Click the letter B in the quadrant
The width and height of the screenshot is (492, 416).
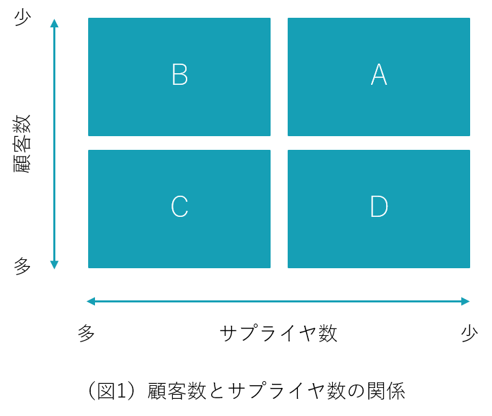(180, 75)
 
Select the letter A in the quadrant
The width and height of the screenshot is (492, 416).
(379, 75)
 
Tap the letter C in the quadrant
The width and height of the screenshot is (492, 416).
(180, 207)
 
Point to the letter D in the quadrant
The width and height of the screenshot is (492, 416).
(379, 207)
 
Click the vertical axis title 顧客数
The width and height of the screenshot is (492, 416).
(23, 144)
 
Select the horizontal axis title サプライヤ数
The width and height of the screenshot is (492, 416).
(278, 333)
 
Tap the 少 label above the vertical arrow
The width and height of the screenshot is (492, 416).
(23, 17)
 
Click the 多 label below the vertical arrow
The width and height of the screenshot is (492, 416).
(23, 266)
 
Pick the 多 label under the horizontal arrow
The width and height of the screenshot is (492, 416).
(86, 333)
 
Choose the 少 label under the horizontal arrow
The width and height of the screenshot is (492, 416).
(469, 333)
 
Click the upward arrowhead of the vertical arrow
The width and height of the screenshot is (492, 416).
(54, 23)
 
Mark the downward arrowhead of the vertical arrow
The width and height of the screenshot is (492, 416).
(54, 265)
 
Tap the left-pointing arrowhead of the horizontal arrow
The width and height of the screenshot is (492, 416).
(91, 301)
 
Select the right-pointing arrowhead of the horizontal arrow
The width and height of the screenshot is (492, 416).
(465, 301)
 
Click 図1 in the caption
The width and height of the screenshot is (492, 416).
(111, 391)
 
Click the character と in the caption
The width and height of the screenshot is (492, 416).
(217, 391)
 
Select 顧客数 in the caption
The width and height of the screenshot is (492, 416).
(177, 391)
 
